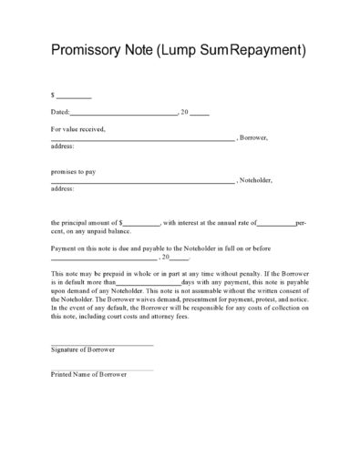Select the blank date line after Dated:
(x=123, y=114)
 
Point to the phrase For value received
(x=78, y=129)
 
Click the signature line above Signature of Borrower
(x=102, y=344)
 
